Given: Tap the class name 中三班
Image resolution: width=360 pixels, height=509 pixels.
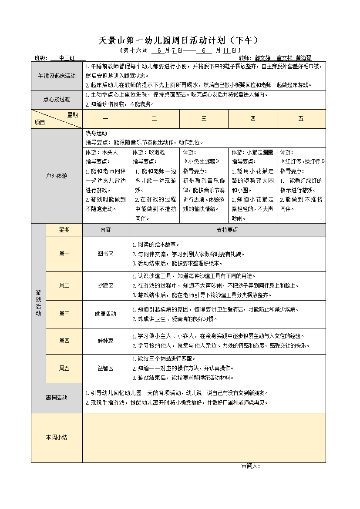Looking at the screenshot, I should (x=67, y=58).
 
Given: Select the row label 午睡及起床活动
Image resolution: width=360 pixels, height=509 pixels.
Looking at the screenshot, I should (x=57, y=76).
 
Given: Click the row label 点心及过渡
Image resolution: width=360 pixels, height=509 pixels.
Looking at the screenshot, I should (x=57, y=100).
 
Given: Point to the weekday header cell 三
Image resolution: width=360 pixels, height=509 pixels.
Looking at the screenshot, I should (x=204, y=119).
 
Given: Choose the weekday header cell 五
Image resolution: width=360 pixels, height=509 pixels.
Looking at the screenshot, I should (x=301, y=119).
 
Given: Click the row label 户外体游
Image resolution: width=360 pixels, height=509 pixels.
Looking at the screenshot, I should (x=57, y=176).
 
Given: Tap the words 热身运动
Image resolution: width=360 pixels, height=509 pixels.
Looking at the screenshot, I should (x=96, y=134).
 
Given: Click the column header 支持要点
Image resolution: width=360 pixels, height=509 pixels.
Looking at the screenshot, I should (x=227, y=230).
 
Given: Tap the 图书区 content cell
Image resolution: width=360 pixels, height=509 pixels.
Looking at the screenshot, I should (x=105, y=254).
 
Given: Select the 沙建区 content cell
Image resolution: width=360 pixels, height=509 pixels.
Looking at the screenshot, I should (x=105, y=285).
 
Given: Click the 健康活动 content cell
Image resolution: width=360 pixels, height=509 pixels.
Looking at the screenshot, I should (x=105, y=314).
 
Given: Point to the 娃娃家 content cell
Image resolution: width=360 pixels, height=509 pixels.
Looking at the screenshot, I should (x=105, y=341).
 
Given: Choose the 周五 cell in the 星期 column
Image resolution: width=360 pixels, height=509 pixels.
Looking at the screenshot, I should (x=64, y=368).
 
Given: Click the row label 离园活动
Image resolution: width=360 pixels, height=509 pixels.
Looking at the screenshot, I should (x=57, y=398).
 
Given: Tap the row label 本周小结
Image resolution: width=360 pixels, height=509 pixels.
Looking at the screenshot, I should (x=57, y=437).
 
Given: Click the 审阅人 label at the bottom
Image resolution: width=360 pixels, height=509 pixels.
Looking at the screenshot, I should (x=250, y=466).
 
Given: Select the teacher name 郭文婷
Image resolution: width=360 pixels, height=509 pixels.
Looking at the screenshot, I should (x=262, y=58).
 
